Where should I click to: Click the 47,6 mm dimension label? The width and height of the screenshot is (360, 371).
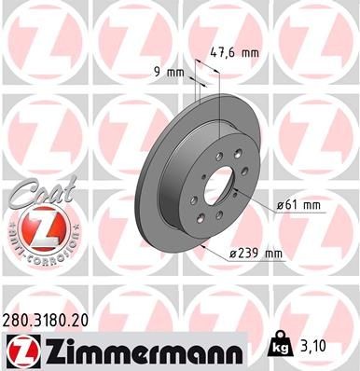pyautogui.click(x=234, y=54)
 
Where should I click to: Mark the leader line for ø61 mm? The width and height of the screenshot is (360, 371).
pyautogui.click(x=256, y=196)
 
